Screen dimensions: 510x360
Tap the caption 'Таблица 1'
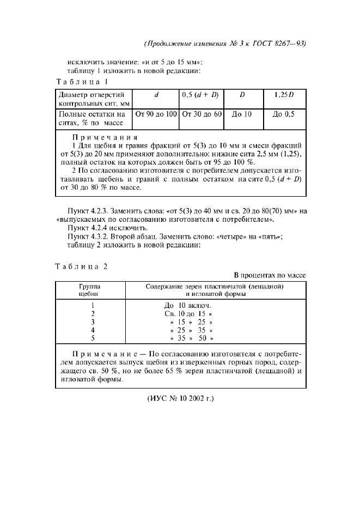(82, 82)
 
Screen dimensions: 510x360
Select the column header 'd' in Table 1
(156, 94)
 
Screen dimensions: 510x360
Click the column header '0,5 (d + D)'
(201, 94)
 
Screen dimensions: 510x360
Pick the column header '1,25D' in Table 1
(283, 94)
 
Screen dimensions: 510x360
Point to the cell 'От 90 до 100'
(156, 114)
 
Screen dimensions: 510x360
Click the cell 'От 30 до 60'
(201, 114)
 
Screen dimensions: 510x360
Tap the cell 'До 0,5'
(283, 114)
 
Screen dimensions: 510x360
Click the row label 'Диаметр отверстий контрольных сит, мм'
(91, 98)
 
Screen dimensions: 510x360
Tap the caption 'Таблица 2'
(82, 266)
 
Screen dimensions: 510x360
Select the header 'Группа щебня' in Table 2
(93, 289)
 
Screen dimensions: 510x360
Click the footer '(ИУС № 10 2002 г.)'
(180, 398)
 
